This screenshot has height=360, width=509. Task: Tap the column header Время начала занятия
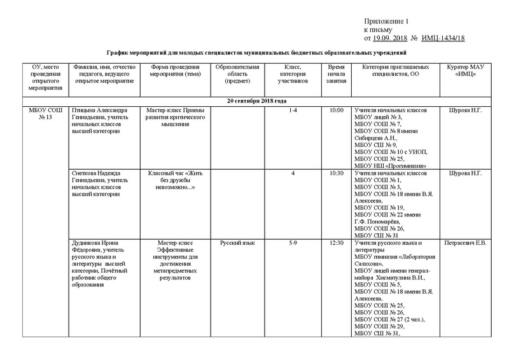click(337, 74)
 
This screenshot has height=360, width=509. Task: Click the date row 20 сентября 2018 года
click(255, 101)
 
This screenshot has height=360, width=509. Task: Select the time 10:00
click(337, 111)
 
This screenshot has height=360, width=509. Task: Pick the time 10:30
click(337, 173)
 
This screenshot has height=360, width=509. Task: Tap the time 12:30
click(337, 242)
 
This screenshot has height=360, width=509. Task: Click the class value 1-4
click(293, 111)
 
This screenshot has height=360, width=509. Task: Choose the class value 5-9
click(293, 242)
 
